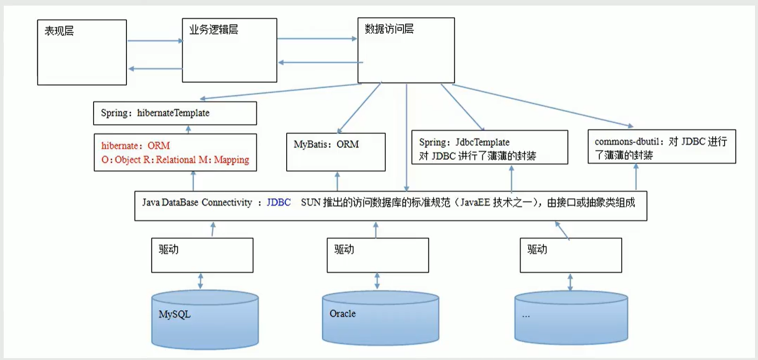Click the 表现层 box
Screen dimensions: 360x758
tap(82, 52)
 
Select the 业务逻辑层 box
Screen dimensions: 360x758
tap(229, 50)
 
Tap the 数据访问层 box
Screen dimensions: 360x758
tap(406, 50)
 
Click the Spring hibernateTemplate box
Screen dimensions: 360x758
tap(175, 113)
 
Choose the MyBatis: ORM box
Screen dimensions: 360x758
tap(336, 151)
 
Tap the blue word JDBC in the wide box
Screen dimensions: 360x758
tap(279, 203)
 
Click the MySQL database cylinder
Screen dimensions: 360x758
tap(205, 319)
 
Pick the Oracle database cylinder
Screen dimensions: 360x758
tap(380, 319)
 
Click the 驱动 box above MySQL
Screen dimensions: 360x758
tap(202, 254)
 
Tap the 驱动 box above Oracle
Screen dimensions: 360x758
tap(378, 254)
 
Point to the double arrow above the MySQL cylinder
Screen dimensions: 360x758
tap(200, 280)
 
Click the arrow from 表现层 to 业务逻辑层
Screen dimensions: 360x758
tap(155, 41)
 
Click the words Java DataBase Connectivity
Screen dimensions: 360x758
tap(197, 203)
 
